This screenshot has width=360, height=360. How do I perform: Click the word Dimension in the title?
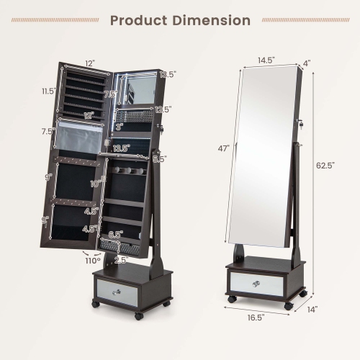click(x=211, y=20)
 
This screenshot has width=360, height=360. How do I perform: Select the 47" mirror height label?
click(x=224, y=148)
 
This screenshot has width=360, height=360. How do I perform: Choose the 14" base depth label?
click(x=311, y=310)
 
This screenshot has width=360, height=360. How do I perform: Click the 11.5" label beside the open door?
click(x=49, y=91)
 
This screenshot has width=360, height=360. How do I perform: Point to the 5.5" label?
click(x=160, y=159)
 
